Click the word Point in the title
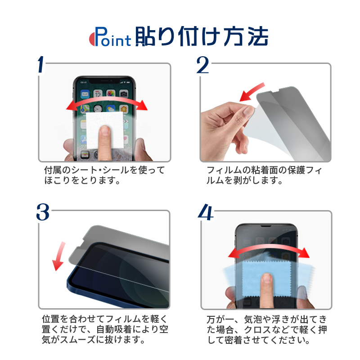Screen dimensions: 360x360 coord(112,37)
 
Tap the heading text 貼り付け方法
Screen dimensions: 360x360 coord(202,36)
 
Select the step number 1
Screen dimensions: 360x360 coord(41,65)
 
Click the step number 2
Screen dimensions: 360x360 coord(203,65)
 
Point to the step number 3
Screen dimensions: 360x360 coord(43,212)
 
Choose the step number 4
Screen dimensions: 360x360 coord(206,212)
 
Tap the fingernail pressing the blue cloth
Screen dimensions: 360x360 coord(267,279)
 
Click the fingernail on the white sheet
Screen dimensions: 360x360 coord(105,130)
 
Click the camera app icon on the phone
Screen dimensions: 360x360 coord(123,94)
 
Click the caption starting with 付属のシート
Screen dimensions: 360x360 coord(104,175)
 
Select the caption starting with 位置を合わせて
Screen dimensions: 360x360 coord(105,329)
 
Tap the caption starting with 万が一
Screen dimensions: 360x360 coord(267,329)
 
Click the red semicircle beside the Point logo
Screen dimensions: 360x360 coord(92,39)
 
